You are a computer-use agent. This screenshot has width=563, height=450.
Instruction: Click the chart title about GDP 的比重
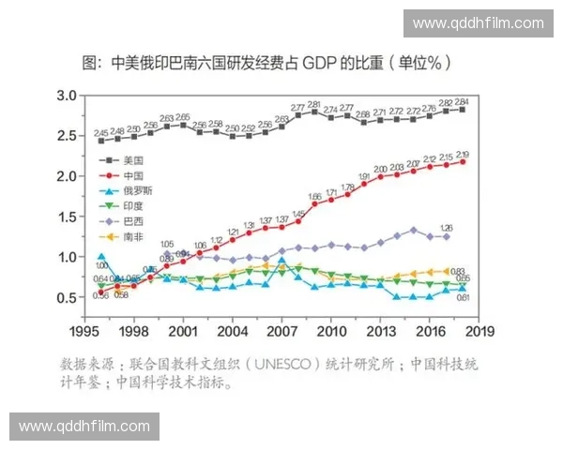click(x=281, y=64)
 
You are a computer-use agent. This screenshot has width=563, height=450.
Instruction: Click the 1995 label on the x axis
click(x=84, y=331)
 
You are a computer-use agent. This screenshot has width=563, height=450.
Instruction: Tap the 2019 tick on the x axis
click(x=479, y=331)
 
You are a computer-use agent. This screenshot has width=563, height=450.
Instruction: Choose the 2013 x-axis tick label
click(x=380, y=331)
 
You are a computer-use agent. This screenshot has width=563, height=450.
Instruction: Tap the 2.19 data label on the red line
click(x=463, y=155)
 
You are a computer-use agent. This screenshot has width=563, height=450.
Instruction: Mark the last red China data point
click(x=462, y=162)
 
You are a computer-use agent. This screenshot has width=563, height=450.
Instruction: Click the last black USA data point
click(x=462, y=110)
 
